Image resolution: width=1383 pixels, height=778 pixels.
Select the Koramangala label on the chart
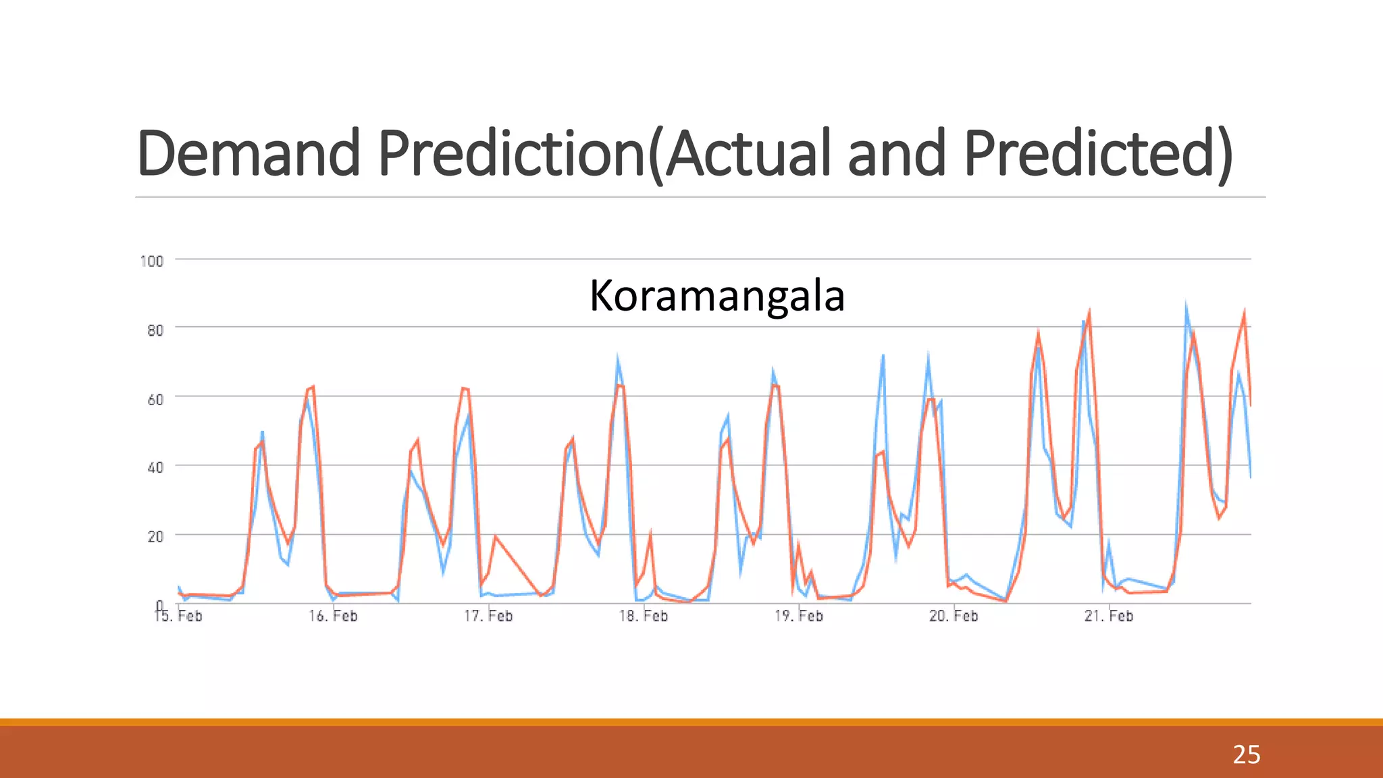pos(716,296)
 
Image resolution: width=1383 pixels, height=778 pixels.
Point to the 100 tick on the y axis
pos(151,261)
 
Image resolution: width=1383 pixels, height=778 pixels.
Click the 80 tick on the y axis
pos(155,330)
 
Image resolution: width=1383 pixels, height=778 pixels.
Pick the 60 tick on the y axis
pos(155,400)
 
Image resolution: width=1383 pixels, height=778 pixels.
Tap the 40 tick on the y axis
pos(155,467)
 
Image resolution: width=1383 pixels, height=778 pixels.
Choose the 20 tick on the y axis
pos(155,537)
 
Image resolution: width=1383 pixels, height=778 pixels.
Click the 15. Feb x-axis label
pos(179,616)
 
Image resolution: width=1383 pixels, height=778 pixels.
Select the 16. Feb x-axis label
pos(334,616)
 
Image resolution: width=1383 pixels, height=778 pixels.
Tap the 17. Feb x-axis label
pos(488,616)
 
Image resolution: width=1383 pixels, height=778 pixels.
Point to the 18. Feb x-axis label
pos(644,616)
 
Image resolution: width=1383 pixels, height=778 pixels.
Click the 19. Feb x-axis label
pos(799,616)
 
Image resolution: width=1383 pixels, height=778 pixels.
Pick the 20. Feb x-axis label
pos(954,616)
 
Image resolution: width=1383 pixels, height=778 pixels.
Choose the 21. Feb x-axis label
pos(1109,616)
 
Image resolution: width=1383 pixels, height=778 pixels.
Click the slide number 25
pos(1246,754)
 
